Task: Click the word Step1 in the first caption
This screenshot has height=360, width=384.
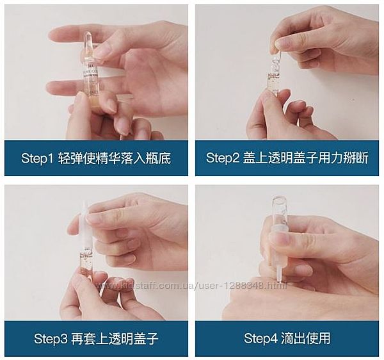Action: (37, 158)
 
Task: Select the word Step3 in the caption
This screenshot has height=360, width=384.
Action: (51, 339)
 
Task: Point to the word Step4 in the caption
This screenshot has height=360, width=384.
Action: (260, 338)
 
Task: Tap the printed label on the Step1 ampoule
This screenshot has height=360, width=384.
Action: (88, 74)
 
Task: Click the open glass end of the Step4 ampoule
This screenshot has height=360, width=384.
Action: (277, 197)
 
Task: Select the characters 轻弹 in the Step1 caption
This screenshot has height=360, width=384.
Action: (71, 158)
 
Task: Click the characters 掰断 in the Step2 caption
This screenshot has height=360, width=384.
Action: (355, 158)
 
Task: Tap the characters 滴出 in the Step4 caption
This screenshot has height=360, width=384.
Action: (292, 338)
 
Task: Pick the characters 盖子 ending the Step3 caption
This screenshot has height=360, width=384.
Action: (147, 339)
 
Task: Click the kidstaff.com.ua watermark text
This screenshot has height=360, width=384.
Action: (191, 286)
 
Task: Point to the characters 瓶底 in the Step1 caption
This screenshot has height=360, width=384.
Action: (158, 158)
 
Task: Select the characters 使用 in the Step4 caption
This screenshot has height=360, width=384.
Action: (317, 338)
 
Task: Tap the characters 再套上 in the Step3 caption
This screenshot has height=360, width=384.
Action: (90, 339)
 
